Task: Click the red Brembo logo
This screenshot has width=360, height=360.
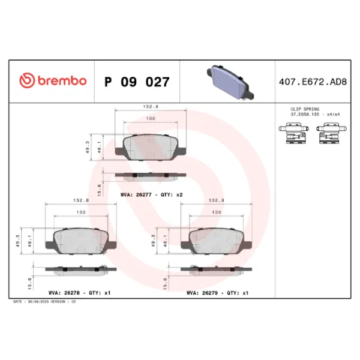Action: (53, 80)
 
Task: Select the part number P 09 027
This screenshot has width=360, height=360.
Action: (137, 82)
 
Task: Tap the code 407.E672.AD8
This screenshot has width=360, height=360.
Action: (313, 82)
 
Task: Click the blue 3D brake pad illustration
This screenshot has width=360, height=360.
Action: (230, 83)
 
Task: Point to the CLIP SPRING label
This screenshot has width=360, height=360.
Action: (305, 109)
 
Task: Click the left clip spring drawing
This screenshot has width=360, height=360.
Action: (293, 133)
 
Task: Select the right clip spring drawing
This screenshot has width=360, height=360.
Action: (331, 133)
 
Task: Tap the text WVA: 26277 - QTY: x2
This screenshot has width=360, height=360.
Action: (152, 194)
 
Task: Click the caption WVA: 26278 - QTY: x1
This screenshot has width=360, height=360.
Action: (79, 293)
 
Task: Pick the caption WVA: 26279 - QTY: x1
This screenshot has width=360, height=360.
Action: (217, 293)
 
